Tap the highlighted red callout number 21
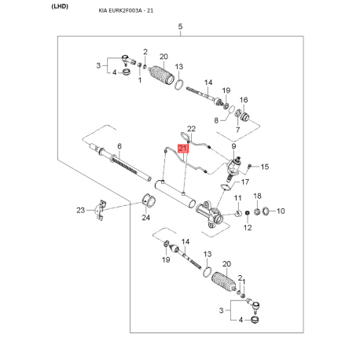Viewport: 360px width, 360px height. [183, 147]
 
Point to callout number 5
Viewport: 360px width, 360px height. [180, 28]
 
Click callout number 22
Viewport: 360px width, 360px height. [190, 128]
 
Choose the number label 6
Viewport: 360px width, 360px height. [119, 146]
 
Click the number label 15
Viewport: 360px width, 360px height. [265, 167]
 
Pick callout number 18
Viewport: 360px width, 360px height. [256, 196]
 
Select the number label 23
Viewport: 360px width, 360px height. [80, 209]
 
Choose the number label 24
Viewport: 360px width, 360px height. [145, 218]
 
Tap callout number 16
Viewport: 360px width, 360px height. [244, 101]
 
